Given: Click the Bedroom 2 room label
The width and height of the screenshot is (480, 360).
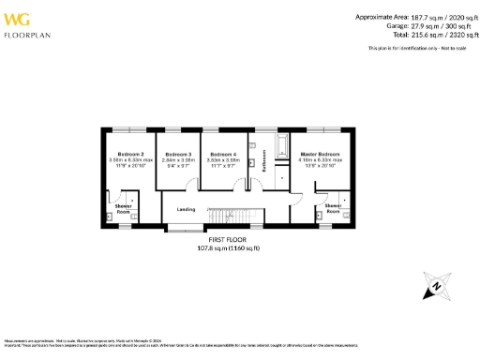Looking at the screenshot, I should [x=128, y=153].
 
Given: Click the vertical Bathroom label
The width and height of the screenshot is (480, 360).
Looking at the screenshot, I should [x=264, y=162].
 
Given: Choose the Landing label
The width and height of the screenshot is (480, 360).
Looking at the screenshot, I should [x=186, y=209].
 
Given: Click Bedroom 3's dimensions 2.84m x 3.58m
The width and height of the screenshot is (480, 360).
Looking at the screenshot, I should [x=178, y=159].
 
